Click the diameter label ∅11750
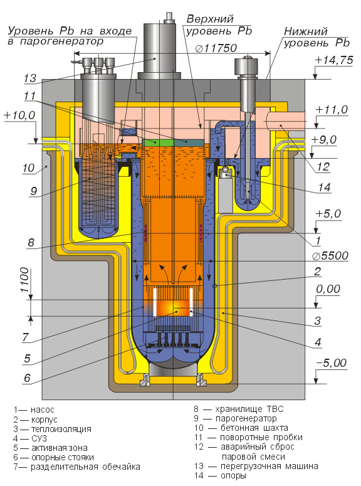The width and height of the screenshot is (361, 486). pos(216,48)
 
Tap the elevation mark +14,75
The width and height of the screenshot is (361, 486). pos(333,60)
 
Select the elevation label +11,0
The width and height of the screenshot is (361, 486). pos(332,109)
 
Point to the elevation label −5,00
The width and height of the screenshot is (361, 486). pos(331,362)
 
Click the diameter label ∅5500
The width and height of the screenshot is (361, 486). pos(330,256)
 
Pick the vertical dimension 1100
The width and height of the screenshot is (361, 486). pos(24,280)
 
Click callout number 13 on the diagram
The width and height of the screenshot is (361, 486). pos(30,78)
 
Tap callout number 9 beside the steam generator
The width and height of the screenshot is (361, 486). pos(33,191)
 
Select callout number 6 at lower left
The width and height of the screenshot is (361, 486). pos(28,378)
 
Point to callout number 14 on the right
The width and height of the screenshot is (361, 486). pos(324,188)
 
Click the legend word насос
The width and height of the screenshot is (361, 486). pos(43,409)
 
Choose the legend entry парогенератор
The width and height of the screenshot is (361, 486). pos(246,418)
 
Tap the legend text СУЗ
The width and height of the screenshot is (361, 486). pos(39,438)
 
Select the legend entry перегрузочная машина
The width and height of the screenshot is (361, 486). pos(269,466)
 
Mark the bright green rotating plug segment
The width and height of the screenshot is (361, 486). pos(158,142)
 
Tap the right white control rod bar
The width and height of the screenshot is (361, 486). pos(191,302)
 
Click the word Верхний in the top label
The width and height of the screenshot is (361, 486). pos(210,19)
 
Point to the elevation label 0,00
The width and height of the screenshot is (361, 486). pos(328,289)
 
